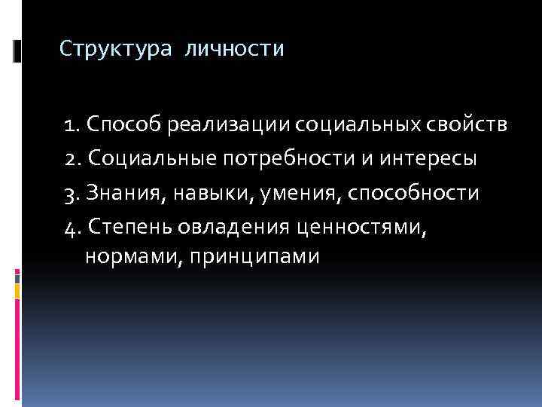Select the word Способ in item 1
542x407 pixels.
[123, 124]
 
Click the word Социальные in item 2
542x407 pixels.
[150, 159]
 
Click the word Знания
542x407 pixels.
[124, 193]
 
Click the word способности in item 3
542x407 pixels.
[414, 193]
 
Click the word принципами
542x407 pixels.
[245, 256]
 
